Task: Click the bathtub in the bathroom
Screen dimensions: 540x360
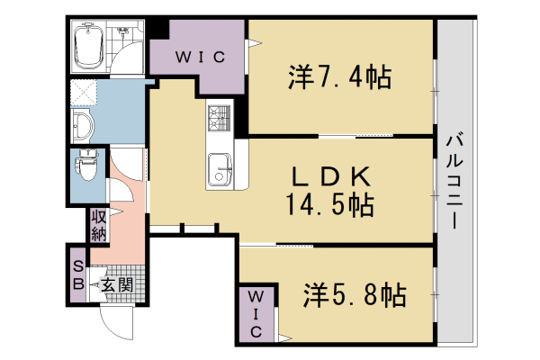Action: [x=89, y=46]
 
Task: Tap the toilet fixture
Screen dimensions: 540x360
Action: [x=87, y=165]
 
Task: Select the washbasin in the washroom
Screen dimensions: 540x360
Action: [x=83, y=126]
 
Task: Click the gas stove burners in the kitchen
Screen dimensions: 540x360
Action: [x=219, y=118]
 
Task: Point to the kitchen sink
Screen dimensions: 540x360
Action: [x=220, y=170]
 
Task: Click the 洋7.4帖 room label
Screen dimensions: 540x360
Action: [x=339, y=77]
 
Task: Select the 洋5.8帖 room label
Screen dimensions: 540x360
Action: [x=355, y=295]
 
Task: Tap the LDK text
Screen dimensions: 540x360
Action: [x=331, y=176]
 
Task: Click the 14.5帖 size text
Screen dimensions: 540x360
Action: [x=330, y=204]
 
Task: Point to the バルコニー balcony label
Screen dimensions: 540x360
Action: [x=454, y=181]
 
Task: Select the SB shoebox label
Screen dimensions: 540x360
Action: [x=79, y=275]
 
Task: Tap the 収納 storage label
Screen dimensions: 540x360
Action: [x=99, y=226]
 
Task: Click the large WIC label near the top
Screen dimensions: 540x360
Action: [x=200, y=57]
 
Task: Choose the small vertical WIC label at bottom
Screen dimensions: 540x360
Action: [x=256, y=314]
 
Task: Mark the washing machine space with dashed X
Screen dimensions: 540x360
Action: [x=84, y=93]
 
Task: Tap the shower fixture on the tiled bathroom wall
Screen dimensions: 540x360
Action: [x=121, y=31]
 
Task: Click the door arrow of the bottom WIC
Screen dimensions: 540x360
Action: [x=284, y=338]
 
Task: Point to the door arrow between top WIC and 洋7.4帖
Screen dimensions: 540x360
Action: [x=254, y=44]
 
